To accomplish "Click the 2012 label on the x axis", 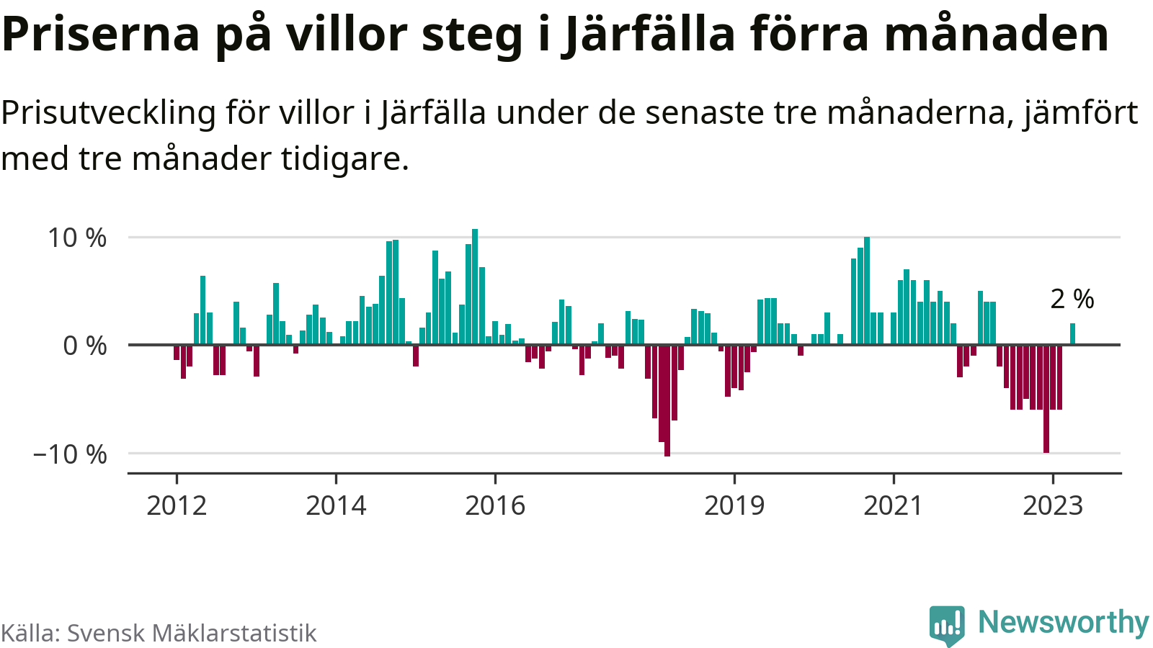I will pyautogui.click(x=177, y=505).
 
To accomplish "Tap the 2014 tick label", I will pyautogui.click(x=336, y=505).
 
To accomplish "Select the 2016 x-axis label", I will pyautogui.click(x=495, y=505).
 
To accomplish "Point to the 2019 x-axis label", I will pyautogui.click(x=734, y=505).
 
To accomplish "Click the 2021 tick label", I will pyautogui.click(x=893, y=505).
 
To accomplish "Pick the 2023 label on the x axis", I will pyautogui.click(x=1053, y=505).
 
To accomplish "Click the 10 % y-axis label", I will pyautogui.click(x=77, y=238).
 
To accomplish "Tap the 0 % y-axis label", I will pyautogui.click(x=85, y=346).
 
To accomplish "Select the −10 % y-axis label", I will pyautogui.click(x=70, y=454).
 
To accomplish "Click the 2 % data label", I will pyautogui.click(x=1072, y=299).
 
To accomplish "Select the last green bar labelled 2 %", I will pyautogui.click(x=1072, y=334).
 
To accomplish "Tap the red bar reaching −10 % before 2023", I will pyautogui.click(x=1046, y=399).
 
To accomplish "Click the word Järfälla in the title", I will pyautogui.click(x=649, y=34).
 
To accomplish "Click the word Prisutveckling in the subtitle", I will pyautogui.click(x=108, y=113).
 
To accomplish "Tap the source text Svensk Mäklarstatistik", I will pyautogui.click(x=192, y=633).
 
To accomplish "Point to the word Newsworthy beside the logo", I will pyautogui.click(x=1063, y=622).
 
